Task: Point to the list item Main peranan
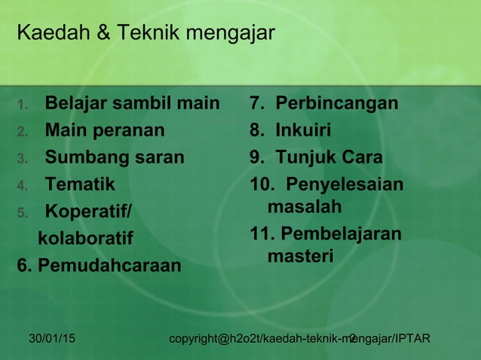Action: click(104, 130)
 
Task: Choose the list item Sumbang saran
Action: click(114, 157)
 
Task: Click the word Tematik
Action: click(80, 184)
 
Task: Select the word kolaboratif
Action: click(85, 239)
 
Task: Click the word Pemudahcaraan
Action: click(109, 266)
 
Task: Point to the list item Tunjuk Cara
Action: click(329, 157)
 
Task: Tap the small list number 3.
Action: click(22, 159)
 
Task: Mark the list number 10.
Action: click(262, 185)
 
